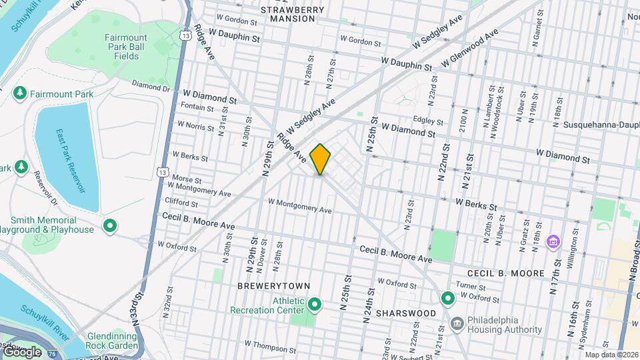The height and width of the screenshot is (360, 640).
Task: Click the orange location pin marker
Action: tap(321, 159)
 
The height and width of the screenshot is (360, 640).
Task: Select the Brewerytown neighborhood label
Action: tap(274, 285)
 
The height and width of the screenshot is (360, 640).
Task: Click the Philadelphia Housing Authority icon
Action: tap(457, 325)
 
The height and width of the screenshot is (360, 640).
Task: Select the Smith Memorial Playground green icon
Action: tap(110, 226)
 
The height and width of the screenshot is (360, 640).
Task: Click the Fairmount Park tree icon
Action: tap(19, 94)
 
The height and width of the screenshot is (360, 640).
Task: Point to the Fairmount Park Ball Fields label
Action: tap(122, 47)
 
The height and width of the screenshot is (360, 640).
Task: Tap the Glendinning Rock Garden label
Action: tap(111, 340)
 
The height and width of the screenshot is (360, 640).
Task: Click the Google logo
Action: tap(21, 351)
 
